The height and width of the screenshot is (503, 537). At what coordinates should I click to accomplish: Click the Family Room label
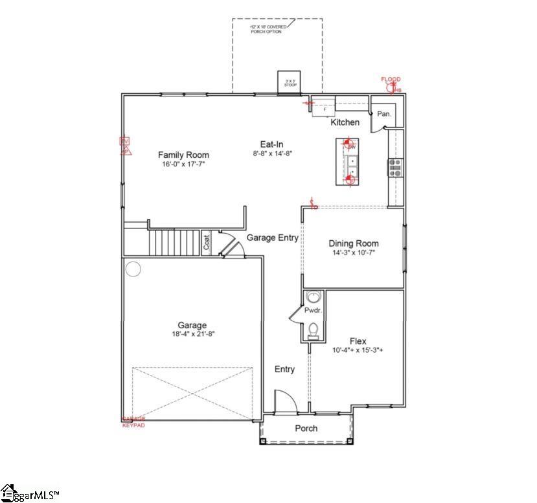[183, 155]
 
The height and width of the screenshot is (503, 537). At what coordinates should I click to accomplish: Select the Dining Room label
[353, 243]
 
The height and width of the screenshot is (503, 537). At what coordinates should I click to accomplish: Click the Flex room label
[358, 341]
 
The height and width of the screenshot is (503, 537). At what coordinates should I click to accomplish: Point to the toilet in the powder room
[314, 330]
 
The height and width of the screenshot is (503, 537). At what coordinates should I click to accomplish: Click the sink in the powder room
[314, 297]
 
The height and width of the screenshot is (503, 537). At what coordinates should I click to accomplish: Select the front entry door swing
[285, 401]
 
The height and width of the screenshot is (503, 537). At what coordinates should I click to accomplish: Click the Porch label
[306, 429]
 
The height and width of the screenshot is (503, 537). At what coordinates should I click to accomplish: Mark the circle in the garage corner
[133, 269]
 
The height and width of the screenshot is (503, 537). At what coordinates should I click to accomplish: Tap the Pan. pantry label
[384, 114]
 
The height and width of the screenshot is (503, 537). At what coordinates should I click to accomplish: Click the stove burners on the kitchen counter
[394, 167]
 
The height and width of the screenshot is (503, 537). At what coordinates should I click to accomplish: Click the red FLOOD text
[391, 80]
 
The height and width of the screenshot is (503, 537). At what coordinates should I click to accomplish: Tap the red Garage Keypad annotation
[134, 422]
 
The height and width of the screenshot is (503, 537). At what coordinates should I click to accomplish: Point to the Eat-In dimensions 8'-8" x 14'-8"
[271, 154]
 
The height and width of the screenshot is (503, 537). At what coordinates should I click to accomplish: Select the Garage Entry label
[272, 238]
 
